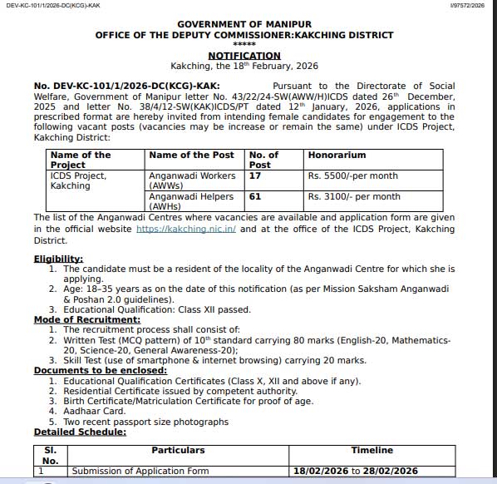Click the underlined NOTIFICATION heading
tap(244, 56)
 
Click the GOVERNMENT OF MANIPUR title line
tap(244, 25)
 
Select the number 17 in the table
tap(255, 176)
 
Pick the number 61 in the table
tap(255, 197)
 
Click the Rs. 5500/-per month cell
tap(352, 176)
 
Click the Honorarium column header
tap(337, 156)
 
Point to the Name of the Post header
tap(191, 156)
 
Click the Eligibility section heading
tap(58, 259)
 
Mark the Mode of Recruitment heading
tap(86, 320)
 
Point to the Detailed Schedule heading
tap(80, 432)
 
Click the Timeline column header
tap(372, 450)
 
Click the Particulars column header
tap(178, 450)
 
